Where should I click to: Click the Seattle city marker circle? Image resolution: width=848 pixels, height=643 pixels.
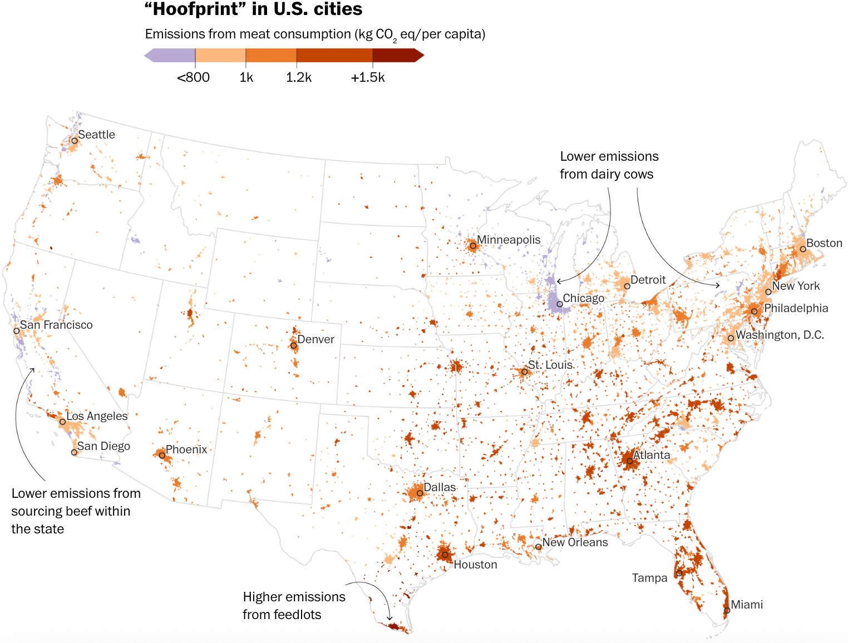click(74, 141)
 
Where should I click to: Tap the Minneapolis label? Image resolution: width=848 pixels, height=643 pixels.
click(509, 240)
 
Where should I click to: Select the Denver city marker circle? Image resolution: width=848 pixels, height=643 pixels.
click(294, 345)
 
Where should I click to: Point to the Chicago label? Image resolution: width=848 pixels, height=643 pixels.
click(583, 298)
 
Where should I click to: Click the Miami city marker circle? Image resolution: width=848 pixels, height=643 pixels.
click(727, 610)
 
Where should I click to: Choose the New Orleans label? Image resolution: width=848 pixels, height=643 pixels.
click(575, 542)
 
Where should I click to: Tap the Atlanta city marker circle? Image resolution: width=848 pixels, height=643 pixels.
click(629, 461)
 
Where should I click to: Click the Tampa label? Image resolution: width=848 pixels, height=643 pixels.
click(649, 578)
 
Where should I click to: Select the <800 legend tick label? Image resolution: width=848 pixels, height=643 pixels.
click(193, 78)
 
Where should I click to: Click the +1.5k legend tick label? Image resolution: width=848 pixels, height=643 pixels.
click(368, 78)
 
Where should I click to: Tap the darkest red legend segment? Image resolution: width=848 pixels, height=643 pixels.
click(395, 56)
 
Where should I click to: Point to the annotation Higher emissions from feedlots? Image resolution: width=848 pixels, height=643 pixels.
click(294, 606)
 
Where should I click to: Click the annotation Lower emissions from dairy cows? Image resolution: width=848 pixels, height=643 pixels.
click(609, 165)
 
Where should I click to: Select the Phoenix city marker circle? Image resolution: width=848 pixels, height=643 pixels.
click(162, 456)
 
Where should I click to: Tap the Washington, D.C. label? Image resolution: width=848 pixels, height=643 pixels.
click(780, 335)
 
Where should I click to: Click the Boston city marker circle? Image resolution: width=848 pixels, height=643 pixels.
click(803, 249)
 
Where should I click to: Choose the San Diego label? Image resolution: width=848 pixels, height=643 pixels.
click(103, 446)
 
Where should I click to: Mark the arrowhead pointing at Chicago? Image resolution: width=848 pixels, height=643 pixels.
click(558, 281)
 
